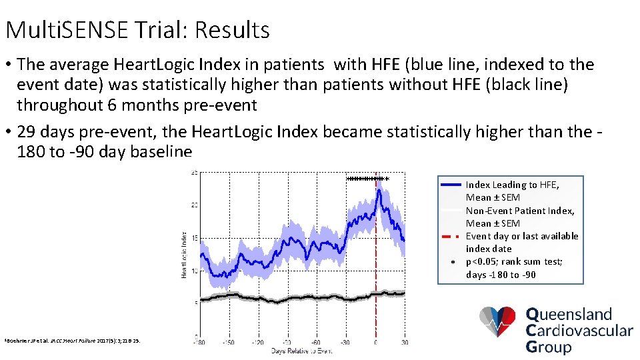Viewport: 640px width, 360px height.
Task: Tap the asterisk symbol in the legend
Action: (x=451, y=263)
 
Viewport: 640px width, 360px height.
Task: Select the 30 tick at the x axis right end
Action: (x=404, y=343)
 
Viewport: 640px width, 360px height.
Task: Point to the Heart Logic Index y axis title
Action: (x=184, y=255)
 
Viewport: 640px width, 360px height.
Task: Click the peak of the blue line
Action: (x=379, y=191)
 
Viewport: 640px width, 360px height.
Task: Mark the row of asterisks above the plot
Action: (x=367, y=179)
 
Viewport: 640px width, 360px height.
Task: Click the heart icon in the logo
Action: (x=498, y=322)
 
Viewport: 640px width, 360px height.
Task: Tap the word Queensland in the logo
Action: (x=569, y=315)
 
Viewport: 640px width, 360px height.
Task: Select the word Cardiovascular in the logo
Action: (x=579, y=330)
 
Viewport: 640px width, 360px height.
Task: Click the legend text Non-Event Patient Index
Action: (x=520, y=211)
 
